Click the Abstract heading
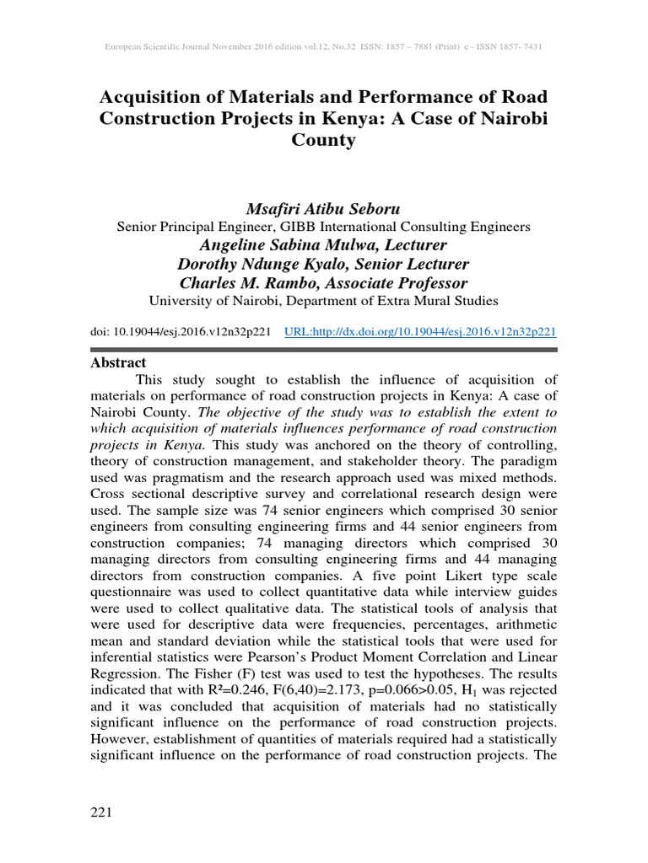click(x=117, y=362)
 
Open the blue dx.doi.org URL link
click(x=421, y=332)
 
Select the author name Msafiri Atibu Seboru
click(x=323, y=208)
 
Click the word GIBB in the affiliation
click(x=282, y=227)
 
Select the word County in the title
click(x=323, y=141)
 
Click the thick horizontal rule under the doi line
click(x=323, y=349)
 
